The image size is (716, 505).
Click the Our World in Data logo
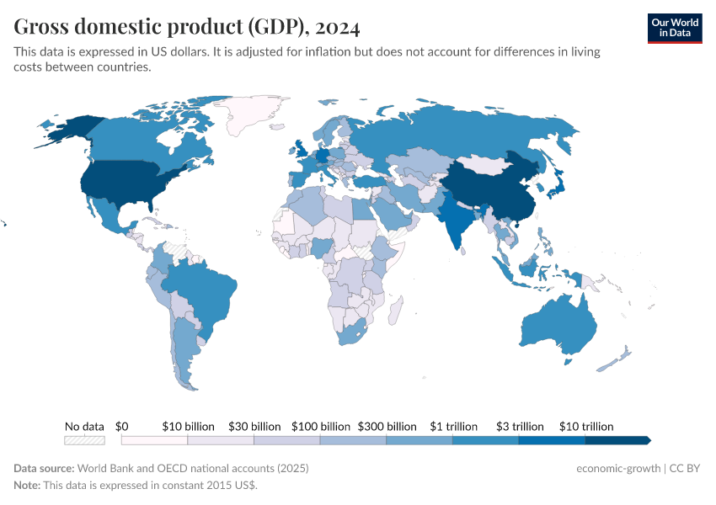pyautogui.click(x=675, y=27)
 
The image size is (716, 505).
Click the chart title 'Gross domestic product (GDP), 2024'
pyautogui.click(x=187, y=27)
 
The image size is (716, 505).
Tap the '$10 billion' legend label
pyautogui.click(x=188, y=427)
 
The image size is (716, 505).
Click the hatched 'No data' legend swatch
pyautogui.click(x=84, y=439)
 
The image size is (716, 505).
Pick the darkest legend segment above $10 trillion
pyautogui.click(x=617, y=439)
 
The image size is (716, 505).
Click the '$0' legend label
pyautogui.click(x=121, y=427)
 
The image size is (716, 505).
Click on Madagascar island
pyautogui.click(x=393, y=313)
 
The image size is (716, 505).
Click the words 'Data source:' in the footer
pyautogui.click(x=44, y=468)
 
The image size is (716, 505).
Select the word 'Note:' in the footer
pyautogui.click(x=29, y=486)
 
